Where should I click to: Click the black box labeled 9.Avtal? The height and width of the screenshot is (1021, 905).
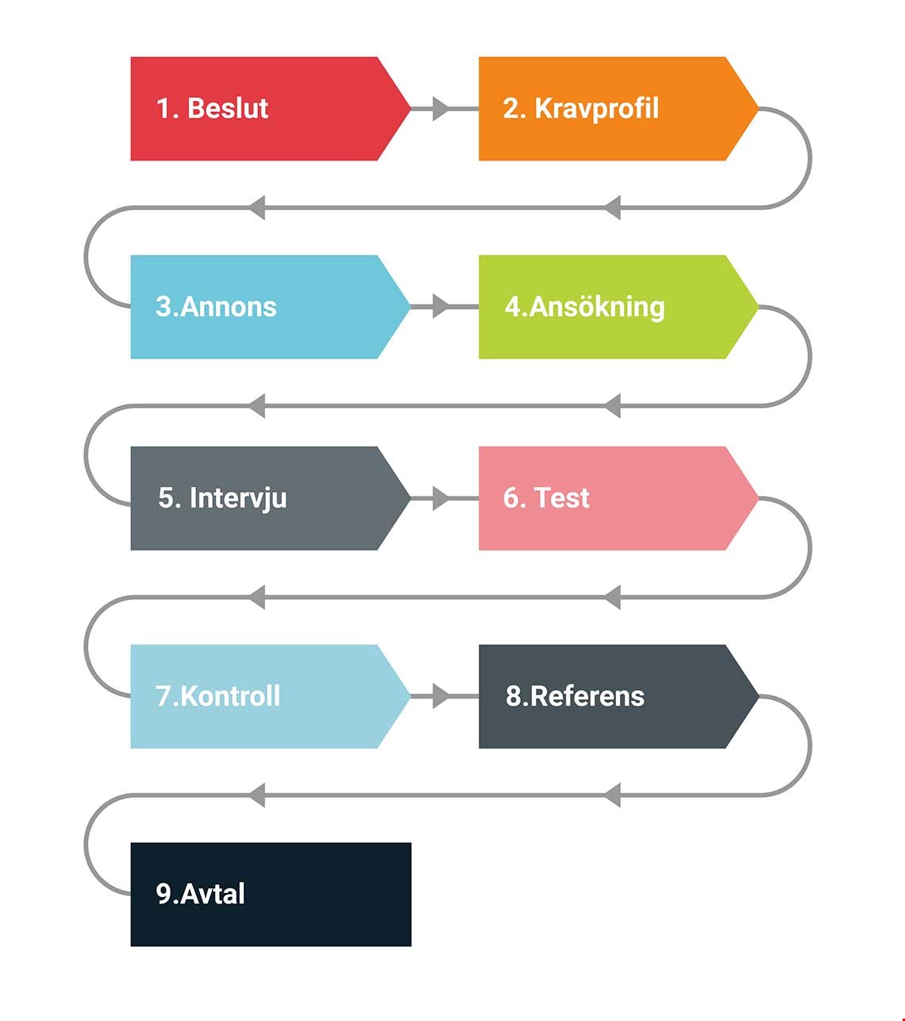pos(271,895)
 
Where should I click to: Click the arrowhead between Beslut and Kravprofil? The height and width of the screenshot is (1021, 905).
pos(441,109)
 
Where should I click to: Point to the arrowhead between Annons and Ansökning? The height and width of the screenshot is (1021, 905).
pos(441,307)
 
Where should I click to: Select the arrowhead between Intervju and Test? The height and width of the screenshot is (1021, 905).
pos(441,498)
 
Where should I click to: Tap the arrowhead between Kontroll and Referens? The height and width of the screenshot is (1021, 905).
pos(441,697)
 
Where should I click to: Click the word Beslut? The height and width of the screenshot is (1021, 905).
pos(228,108)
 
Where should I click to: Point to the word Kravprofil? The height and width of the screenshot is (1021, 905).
pos(597,110)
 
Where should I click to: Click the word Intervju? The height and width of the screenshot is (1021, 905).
pos(238,499)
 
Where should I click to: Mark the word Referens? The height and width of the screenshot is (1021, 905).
pos(587,697)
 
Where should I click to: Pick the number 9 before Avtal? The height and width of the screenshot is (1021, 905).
pos(164,894)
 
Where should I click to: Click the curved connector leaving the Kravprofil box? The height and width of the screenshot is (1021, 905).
pos(811,158)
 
